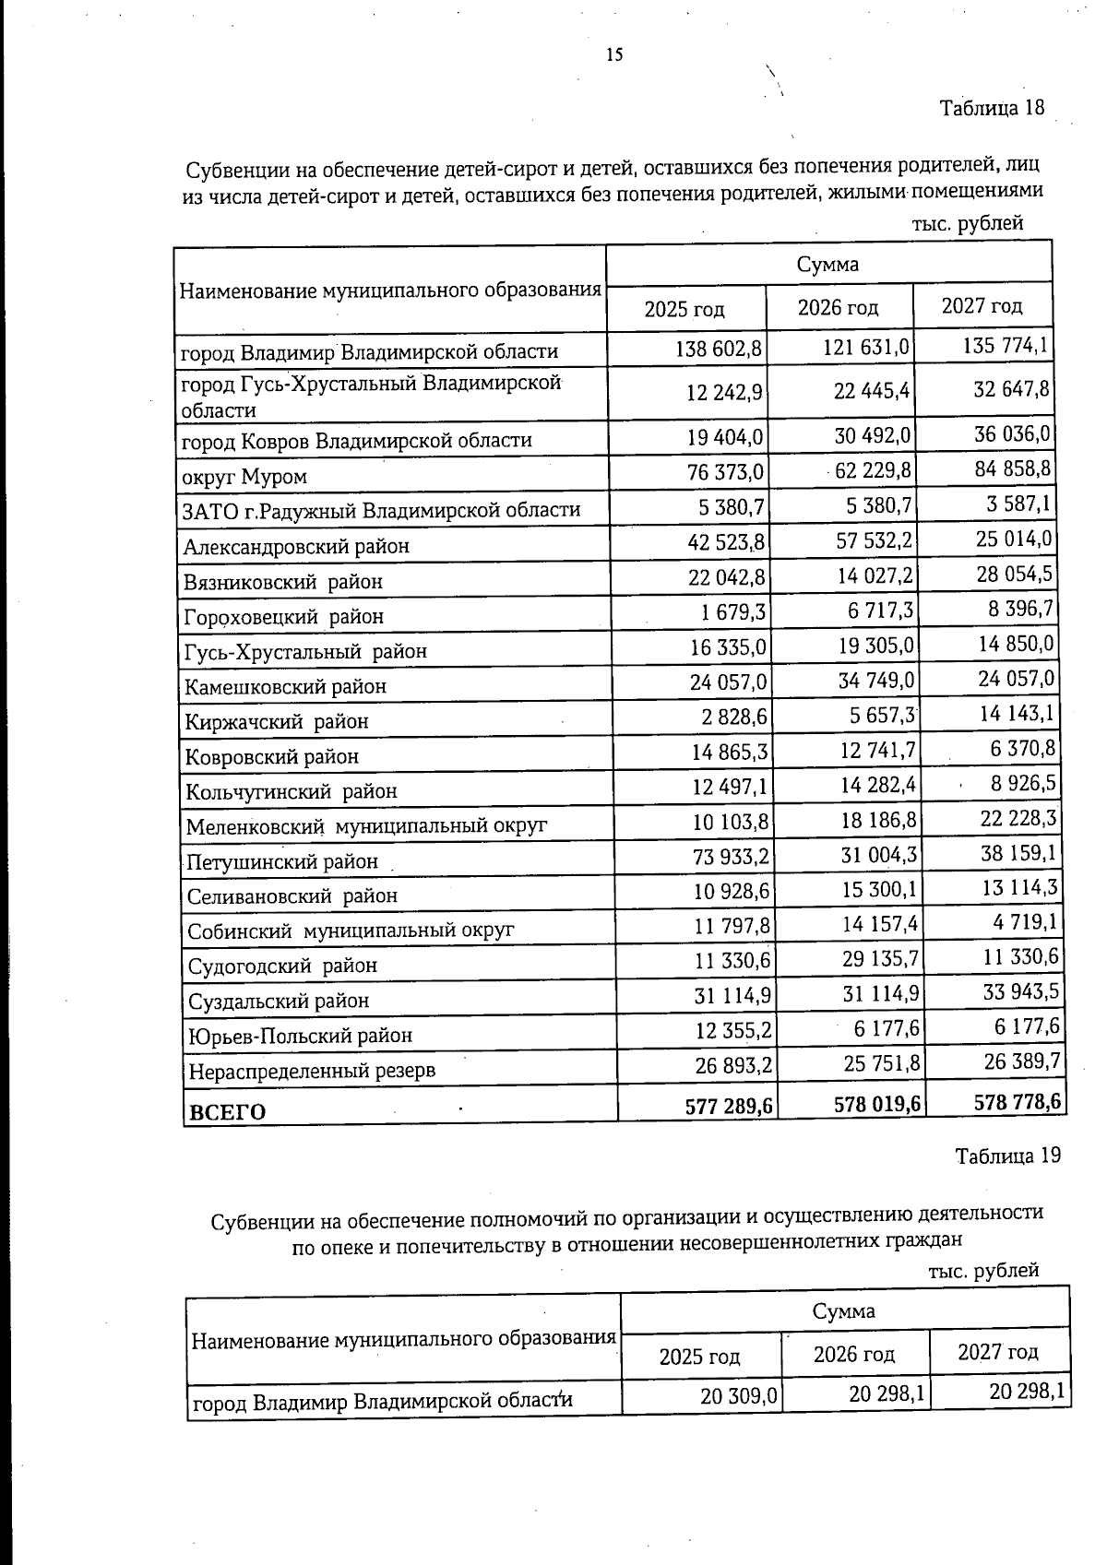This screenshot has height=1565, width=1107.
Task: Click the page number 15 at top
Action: [614, 54]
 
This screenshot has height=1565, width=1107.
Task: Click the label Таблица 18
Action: [992, 108]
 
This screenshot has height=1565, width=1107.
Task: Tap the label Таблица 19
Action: [1007, 1156]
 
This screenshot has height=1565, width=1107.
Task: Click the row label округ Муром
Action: [244, 477]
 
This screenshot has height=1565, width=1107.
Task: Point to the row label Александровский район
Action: [296, 546]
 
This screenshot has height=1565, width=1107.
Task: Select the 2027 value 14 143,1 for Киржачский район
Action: [1017, 714]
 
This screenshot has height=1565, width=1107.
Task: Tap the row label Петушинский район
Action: [282, 861]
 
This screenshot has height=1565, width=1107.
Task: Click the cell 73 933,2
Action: [731, 857]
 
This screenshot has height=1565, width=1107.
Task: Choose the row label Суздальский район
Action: [279, 1000]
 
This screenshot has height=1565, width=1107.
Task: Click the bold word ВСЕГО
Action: [226, 1111]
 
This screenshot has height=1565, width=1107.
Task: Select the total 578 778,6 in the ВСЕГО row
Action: [1017, 1101]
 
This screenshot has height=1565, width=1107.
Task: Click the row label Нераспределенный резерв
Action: [312, 1071]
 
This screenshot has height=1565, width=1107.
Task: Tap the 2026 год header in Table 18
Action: [838, 307]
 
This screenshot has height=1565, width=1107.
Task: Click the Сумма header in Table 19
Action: [843, 1310]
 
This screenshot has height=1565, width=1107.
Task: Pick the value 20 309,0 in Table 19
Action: [739, 1396]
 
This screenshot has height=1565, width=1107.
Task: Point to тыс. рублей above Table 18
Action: [968, 223]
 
